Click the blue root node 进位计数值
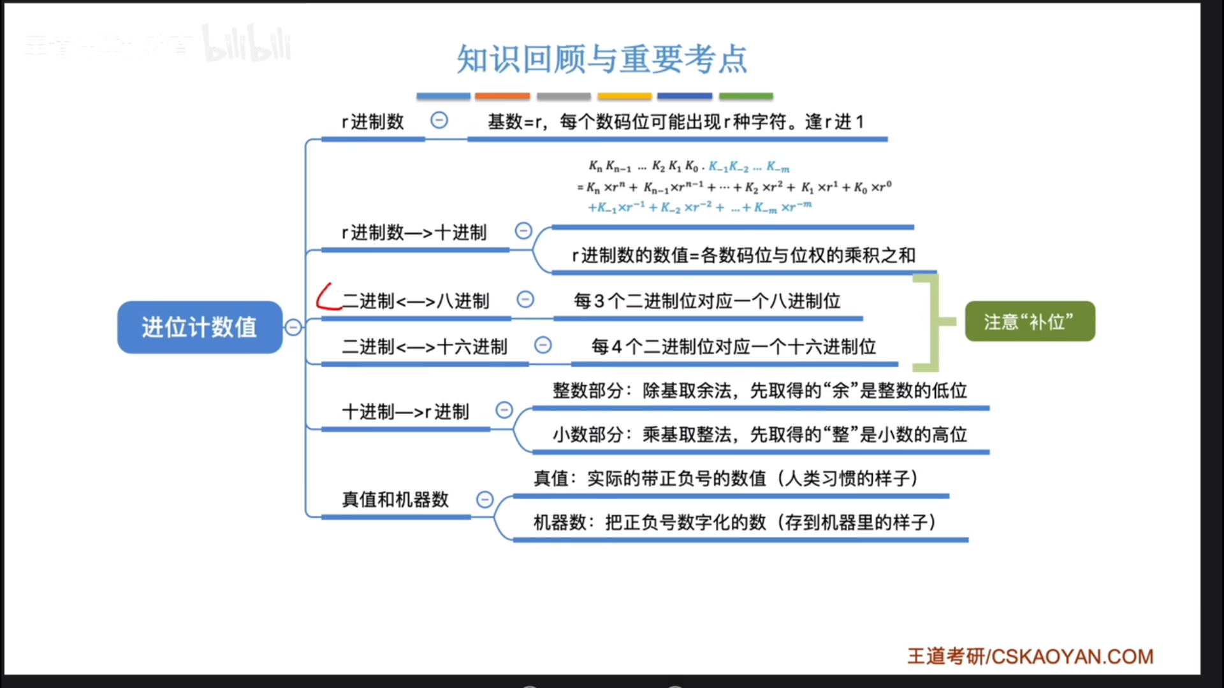click(x=200, y=327)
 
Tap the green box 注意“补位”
click(x=1030, y=322)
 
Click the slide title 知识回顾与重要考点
click(x=602, y=59)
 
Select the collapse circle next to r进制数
click(x=439, y=120)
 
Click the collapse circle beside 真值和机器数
click(x=485, y=499)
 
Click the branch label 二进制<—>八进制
click(x=416, y=301)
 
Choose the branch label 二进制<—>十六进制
click(x=425, y=347)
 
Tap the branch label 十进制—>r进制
click(x=405, y=412)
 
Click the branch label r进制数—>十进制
click(x=414, y=233)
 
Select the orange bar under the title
click(x=502, y=96)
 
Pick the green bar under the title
click(x=746, y=96)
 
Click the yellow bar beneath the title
click(x=624, y=96)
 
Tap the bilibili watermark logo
click(x=247, y=45)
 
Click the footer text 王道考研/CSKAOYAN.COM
click(x=1030, y=656)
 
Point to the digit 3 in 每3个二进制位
click(x=599, y=301)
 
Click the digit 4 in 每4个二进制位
click(x=616, y=347)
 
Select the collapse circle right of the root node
click(x=293, y=327)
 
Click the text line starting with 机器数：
click(x=734, y=522)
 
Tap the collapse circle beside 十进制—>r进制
click(x=504, y=410)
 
